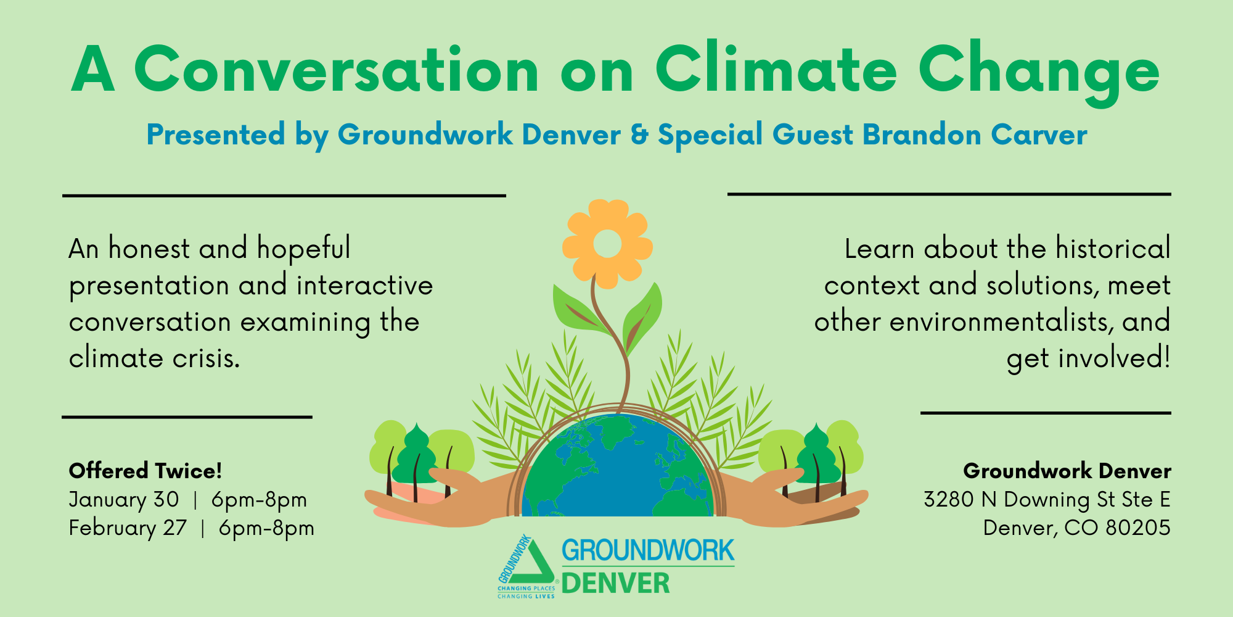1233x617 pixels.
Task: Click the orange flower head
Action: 607,244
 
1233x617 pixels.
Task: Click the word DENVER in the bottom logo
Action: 616,583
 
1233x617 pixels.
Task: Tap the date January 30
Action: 124,499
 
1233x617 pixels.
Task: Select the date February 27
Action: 128,528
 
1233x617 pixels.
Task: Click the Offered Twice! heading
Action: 145,471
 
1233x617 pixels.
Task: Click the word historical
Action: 1113,248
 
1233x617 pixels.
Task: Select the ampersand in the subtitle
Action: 640,135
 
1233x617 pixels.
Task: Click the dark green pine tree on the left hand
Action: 417,455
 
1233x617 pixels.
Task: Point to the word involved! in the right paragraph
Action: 1114,358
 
